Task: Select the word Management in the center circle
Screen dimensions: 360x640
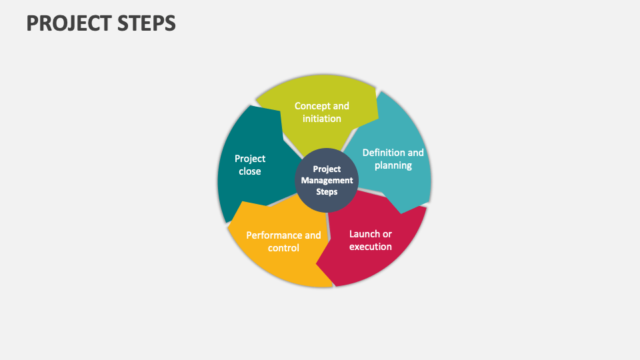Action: coord(327,181)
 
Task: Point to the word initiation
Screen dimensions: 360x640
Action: coord(322,119)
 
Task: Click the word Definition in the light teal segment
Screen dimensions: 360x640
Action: coord(383,153)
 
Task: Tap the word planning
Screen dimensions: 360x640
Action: coord(393,165)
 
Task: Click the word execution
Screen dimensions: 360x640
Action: coord(371,247)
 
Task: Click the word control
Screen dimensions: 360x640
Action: coord(283,248)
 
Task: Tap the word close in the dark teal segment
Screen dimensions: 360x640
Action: coord(250,171)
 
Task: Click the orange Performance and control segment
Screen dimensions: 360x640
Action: coord(280,263)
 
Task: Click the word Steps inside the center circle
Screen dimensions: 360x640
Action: coord(327,192)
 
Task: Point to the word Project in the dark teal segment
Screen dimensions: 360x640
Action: coord(250,159)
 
